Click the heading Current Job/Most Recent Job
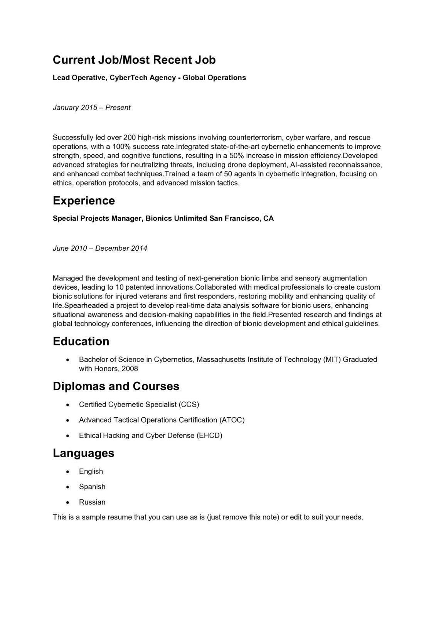(134, 60)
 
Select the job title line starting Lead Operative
(149, 78)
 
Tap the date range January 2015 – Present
(91, 108)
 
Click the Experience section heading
(84, 201)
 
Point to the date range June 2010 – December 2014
(100, 248)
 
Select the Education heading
(81, 342)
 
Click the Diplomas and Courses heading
(116, 386)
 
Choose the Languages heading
(84, 453)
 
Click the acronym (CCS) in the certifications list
(189, 405)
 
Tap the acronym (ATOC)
(232, 420)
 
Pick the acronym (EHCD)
(210, 435)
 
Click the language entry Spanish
(92, 487)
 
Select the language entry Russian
(92, 502)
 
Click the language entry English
(91, 471)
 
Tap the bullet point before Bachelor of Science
(68, 360)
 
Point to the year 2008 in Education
(130, 369)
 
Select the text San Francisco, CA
(241, 219)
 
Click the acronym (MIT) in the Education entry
(332, 359)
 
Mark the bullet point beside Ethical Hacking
(68, 436)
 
